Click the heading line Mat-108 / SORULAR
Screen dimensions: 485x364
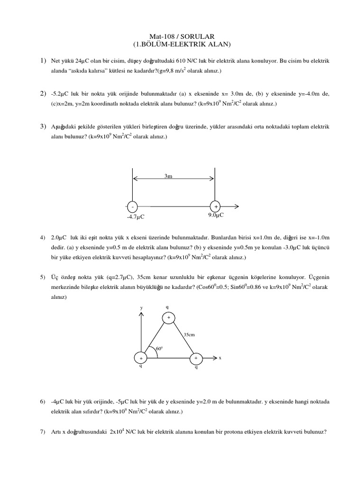[x=182, y=36]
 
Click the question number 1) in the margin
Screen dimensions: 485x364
[x=43, y=61]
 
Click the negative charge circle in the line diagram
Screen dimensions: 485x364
[x=132, y=207]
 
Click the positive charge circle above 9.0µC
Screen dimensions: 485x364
[x=216, y=207]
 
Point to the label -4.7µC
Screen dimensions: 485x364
[x=135, y=217]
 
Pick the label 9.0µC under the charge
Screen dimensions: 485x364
[x=216, y=215]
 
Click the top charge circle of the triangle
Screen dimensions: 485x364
[x=169, y=317]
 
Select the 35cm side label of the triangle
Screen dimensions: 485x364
[x=190, y=334]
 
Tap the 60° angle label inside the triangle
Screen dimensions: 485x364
[x=159, y=349]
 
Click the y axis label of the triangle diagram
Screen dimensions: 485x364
[x=141, y=308]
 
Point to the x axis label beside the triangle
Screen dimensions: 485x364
[x=220, y=358]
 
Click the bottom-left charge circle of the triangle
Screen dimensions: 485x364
[x=140, y=359]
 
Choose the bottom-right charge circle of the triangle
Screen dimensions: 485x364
[x=196, y=359]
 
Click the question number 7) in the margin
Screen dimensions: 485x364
[x=43, y=431]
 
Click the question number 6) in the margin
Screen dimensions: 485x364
[x=43, y=402]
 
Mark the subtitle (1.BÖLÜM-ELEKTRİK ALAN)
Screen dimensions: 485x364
[x=182, y=45]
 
